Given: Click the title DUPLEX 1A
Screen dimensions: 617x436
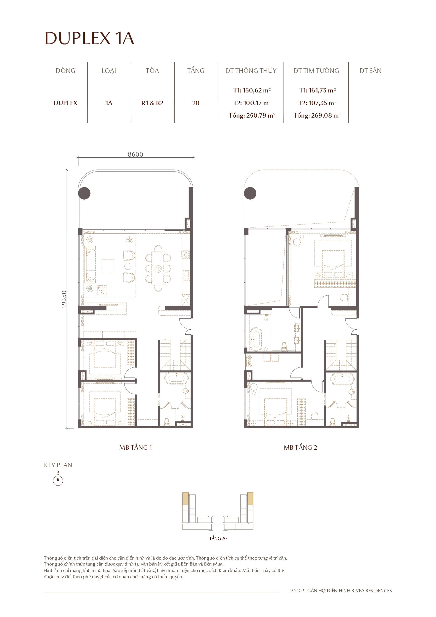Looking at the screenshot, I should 89,38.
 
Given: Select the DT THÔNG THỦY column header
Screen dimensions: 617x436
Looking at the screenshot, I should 251,71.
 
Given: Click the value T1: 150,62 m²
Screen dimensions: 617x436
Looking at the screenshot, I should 252,90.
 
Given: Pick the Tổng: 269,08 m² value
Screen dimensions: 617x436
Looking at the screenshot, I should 317,116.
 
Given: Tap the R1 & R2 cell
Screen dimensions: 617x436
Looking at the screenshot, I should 152,103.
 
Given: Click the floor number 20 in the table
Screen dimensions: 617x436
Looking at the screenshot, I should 196,103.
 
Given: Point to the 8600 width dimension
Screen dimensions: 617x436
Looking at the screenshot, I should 135,154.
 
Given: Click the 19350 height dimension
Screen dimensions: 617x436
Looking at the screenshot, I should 64,299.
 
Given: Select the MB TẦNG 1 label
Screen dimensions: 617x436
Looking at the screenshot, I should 136,447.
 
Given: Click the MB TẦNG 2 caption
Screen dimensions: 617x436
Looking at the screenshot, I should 300,447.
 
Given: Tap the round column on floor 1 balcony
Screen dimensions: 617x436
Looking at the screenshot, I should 84,193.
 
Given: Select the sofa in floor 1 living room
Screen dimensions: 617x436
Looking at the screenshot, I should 90,264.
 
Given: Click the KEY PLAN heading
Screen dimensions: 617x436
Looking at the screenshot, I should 58,465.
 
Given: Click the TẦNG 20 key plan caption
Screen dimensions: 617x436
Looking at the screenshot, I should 218,538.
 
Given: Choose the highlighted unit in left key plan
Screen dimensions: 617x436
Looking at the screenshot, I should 185,498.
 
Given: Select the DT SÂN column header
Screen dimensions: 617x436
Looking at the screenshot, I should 370,71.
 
